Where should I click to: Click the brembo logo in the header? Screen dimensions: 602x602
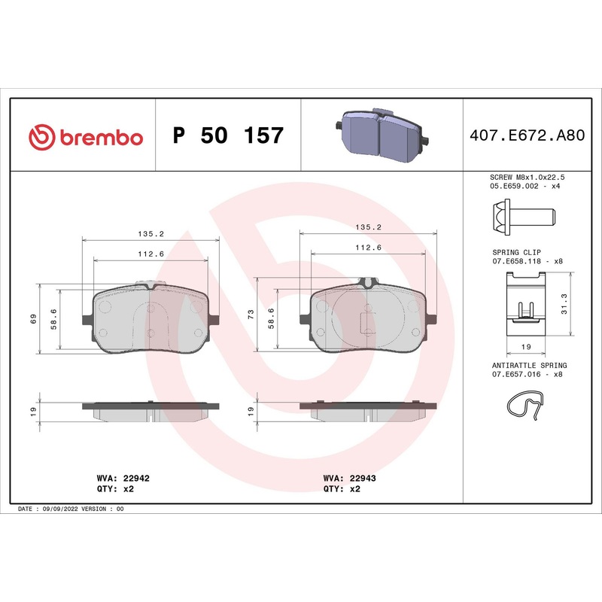(x=85, y=136)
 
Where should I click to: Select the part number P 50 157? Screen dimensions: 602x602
(x=228, y=136)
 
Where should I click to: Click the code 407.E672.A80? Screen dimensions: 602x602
(x=527, y=136)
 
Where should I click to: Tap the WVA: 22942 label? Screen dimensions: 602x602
(x=118, y=478)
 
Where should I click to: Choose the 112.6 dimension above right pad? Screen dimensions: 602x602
(x=369, y=247)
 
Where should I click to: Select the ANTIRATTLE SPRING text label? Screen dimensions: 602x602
(x=528, y=363)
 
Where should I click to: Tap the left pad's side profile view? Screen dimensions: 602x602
(x=150, y=409)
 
